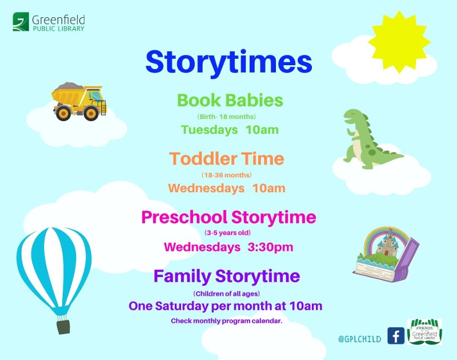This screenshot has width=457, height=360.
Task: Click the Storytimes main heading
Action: (x=229, y=63)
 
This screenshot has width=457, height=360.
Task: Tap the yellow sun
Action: (x=399, y=42)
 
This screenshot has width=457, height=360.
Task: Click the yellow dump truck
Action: (x=79, y=101)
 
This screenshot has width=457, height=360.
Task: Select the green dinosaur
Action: (x=370, y=139)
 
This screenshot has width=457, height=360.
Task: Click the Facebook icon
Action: (x=396, y=336)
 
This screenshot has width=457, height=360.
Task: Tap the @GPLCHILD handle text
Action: (x=360, y=339)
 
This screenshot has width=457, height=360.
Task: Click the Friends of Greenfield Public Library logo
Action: (x=424, y=332)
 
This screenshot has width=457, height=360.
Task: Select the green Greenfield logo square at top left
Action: (x=21, y=22)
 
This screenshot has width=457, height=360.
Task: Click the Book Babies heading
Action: (x=230, y=100)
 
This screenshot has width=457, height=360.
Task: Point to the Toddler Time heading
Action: (x=226, y=159)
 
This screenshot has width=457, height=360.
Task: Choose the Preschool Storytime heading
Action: (x=229, y=218)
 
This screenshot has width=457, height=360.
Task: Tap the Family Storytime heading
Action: (x=227, y=277)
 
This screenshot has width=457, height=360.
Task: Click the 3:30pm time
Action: (x=270, y=247)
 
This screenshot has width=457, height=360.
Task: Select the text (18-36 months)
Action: (x=226, y=175)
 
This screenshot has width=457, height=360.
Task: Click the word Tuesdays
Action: (x=209, y=130)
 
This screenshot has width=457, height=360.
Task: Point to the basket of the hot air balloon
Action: (x=63, y=327)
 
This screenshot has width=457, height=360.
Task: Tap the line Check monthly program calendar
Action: (x=226, y=321)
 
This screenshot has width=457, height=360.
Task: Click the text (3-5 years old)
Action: (x=227, y=233)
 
